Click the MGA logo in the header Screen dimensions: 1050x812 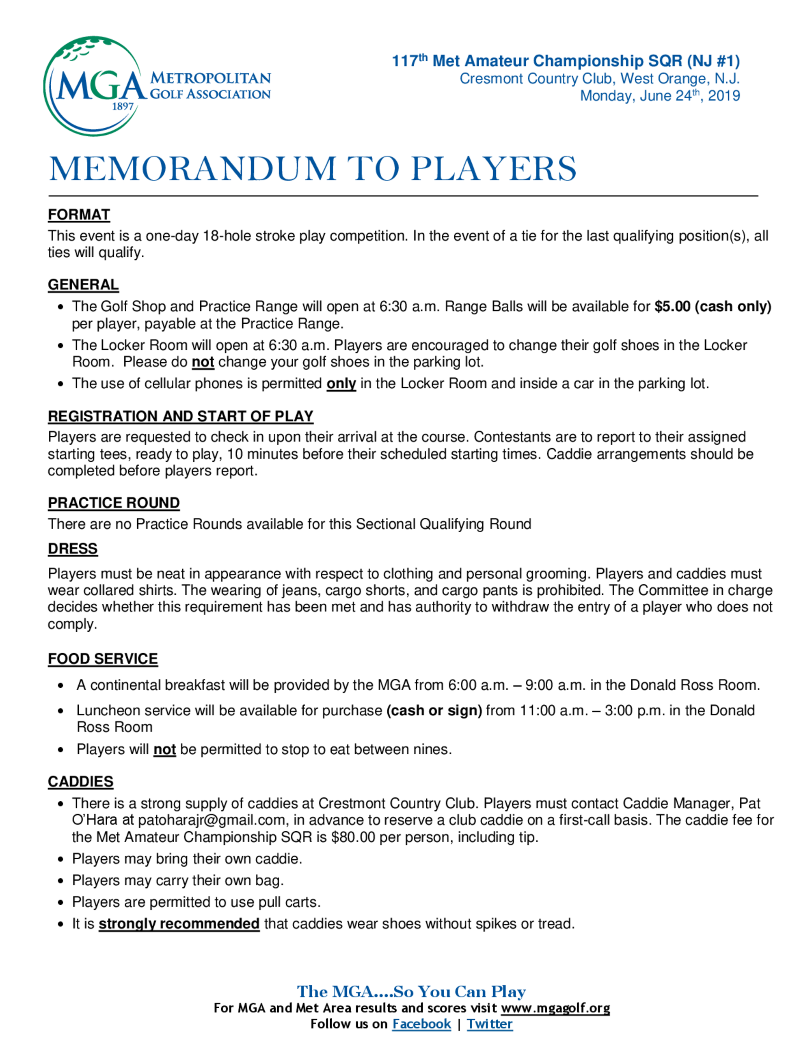tap(156, 86)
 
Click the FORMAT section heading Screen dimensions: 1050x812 tap(79, 215)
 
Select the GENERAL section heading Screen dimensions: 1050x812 tap(83, 285)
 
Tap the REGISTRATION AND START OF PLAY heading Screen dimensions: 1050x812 tap(180, 416)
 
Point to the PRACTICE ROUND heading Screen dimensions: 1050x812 tap(114, 502)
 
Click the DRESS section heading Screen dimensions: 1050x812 tap(73, 549)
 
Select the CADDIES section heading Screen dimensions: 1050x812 tap(80, 781)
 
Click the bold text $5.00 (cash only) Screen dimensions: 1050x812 tap(713, 306)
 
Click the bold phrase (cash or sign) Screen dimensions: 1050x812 tap(434, 710)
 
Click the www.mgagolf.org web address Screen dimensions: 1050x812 tap(555, 1008)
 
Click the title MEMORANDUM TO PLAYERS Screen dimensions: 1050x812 tap(313, 169)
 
